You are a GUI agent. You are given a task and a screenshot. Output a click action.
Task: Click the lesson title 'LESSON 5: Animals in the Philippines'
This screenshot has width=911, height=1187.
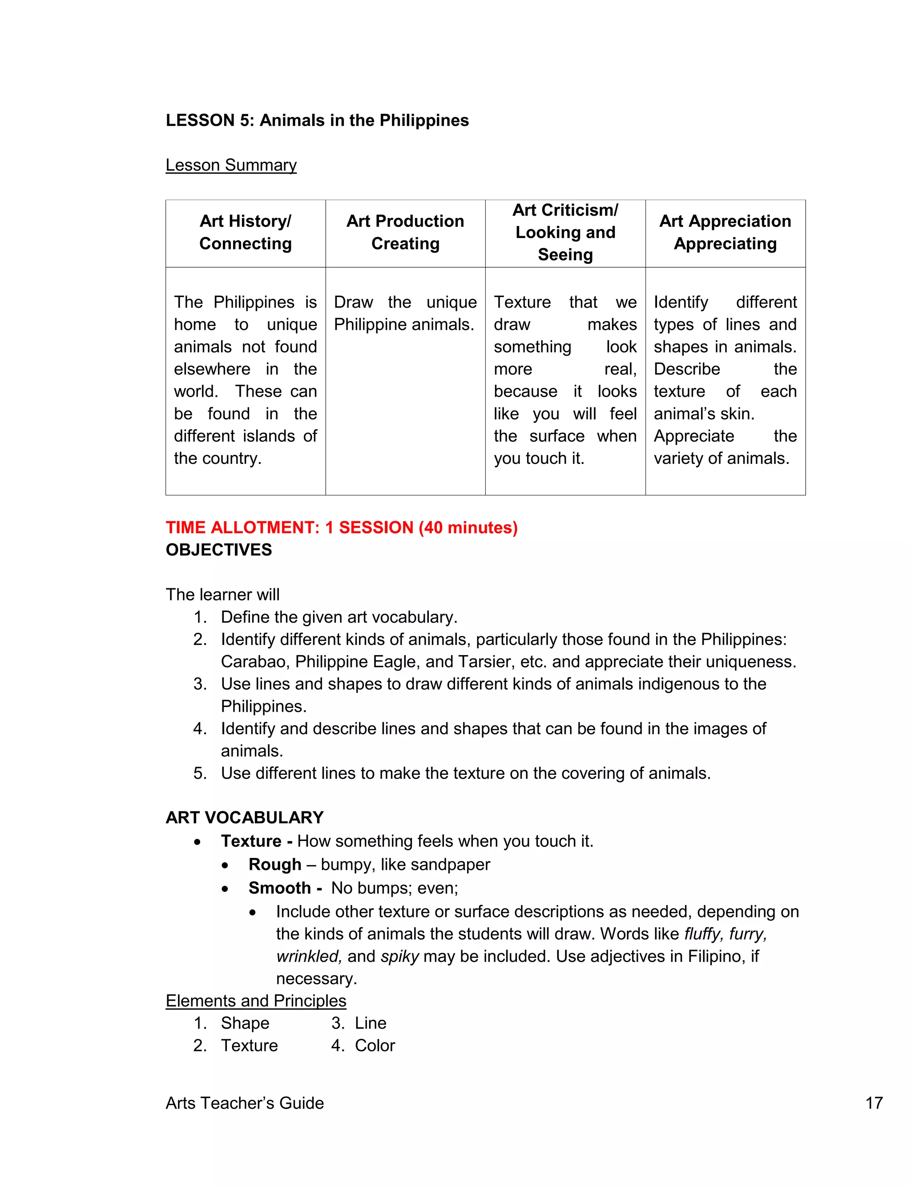[x=317, y=121]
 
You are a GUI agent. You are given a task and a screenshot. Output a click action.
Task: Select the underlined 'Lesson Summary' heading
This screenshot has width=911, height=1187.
[x=231, y=165]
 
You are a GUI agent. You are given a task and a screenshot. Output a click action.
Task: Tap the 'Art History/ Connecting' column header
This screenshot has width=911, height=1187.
[x=245, y=233]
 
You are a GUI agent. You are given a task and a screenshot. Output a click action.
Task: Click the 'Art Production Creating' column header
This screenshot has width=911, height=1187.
[x=405, y=233]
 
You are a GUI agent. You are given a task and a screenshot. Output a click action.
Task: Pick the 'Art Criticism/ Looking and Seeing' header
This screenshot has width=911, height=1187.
[x=565, y=233]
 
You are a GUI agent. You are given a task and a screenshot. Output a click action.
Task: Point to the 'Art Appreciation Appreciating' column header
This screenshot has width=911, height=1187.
[x=725, y=233]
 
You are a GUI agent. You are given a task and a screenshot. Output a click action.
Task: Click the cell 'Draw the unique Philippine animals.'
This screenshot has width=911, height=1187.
[x=405, y=313]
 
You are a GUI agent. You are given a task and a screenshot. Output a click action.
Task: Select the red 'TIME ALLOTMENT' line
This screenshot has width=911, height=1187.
[x=342, y=527]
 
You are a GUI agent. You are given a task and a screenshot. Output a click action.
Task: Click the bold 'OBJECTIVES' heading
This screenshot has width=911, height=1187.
[x=218, y=550]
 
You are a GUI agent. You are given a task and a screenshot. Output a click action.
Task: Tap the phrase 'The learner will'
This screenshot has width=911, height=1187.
[x=222, y=595]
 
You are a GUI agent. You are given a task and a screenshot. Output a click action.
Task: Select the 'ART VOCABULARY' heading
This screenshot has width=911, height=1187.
[x=245, y=817]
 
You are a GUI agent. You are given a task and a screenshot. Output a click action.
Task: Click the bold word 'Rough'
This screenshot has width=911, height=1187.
[x=275, y=865]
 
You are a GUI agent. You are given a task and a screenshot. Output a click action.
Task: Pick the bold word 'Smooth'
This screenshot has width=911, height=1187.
[x=280, y=888]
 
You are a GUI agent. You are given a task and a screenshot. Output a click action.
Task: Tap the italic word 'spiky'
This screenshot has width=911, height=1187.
[x=399, y=956]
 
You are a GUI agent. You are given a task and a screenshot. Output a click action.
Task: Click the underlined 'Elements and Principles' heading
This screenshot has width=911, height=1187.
[x=256, y=1001]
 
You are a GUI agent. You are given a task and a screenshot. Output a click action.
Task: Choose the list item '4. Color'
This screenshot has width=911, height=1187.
[x=363, y=1046]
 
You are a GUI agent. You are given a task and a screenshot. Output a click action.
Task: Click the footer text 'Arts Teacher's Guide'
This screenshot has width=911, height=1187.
[x=245, y=1103]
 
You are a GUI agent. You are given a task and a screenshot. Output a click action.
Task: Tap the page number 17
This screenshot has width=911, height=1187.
[x=874, y=1103]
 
